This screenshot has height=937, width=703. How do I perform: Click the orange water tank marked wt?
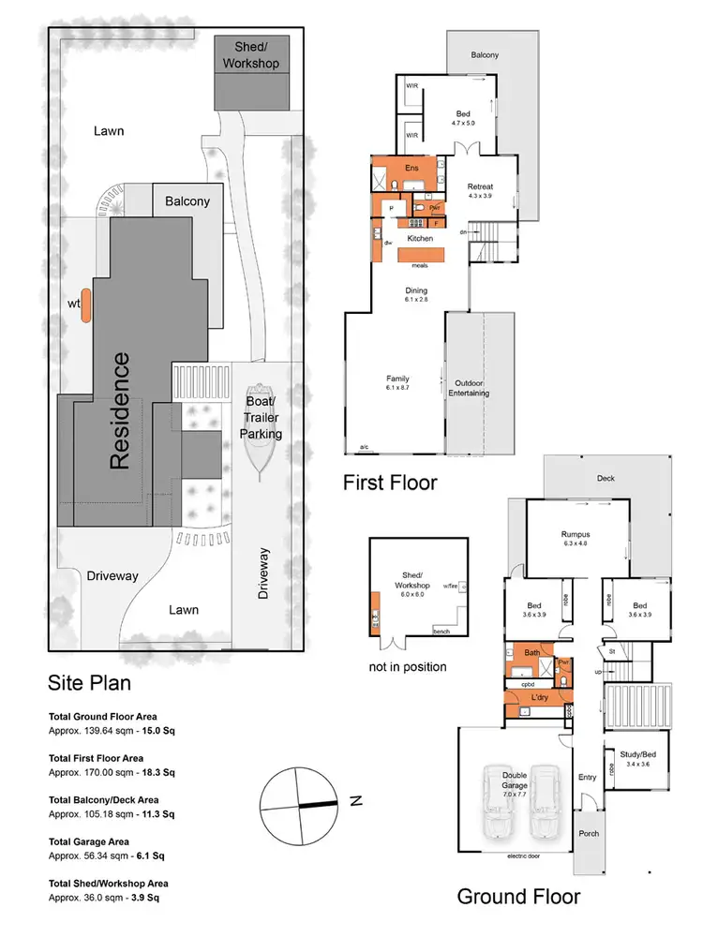(x=85, y=305)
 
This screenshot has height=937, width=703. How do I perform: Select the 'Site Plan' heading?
(x=90, y=683)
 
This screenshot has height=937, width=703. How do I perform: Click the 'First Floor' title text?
(x=389, y=483)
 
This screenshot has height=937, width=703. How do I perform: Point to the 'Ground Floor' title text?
(x=518, y=896)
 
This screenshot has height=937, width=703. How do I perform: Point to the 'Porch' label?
(x=589, y=833)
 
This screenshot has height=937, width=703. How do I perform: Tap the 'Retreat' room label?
(x=480, y=186)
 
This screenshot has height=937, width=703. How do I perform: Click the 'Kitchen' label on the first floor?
(x=419, y=239)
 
